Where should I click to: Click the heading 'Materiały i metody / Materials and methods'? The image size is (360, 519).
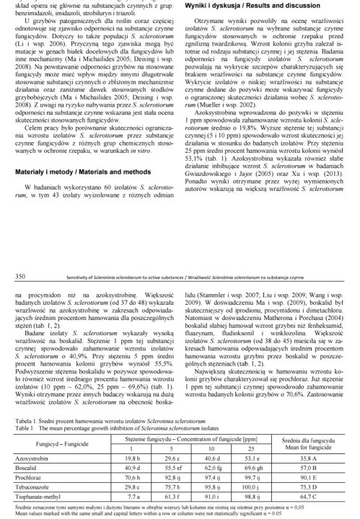pyautogui.click(x=82, y=192)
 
